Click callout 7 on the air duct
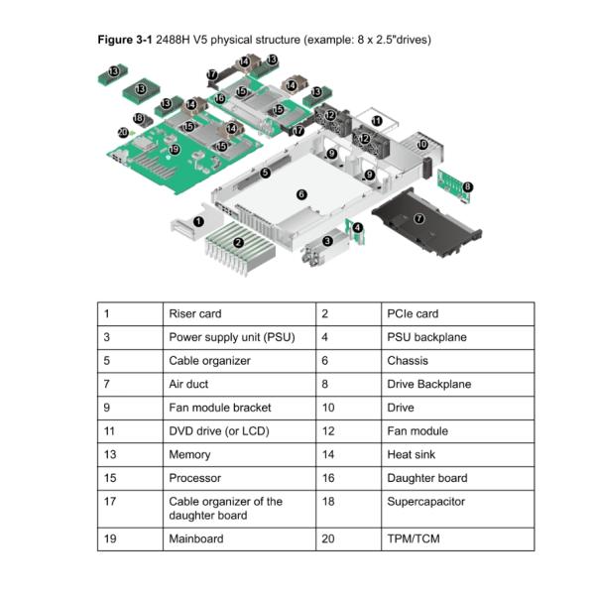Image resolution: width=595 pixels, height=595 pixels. tap(418, 218)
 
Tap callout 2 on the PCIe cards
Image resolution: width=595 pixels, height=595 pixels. tap(238, 242)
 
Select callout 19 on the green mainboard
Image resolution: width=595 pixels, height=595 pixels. tap(175, 150)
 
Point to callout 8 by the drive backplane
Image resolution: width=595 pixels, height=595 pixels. tap(467, 186)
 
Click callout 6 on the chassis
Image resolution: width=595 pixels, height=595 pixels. tap(301, 194)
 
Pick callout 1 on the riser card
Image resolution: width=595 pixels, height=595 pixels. tap(199, 222)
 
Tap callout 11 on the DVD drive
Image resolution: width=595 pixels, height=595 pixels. tap(376, 120)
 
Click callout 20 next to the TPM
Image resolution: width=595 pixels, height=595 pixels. tap(123, 132)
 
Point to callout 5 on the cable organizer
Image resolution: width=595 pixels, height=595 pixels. tap(265, 173)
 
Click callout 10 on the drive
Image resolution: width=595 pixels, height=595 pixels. tap(422, 145)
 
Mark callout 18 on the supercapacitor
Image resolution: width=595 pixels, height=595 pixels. tap(138, 118)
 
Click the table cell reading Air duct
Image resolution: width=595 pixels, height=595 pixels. tap(188, 384)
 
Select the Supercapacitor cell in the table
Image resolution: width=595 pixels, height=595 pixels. tap(412, 502)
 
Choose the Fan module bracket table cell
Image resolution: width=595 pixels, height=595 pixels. tap(219, 408)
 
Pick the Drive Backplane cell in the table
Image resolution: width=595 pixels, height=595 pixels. tap(428, 384)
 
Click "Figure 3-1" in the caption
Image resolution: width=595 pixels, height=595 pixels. tap(124, 40)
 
